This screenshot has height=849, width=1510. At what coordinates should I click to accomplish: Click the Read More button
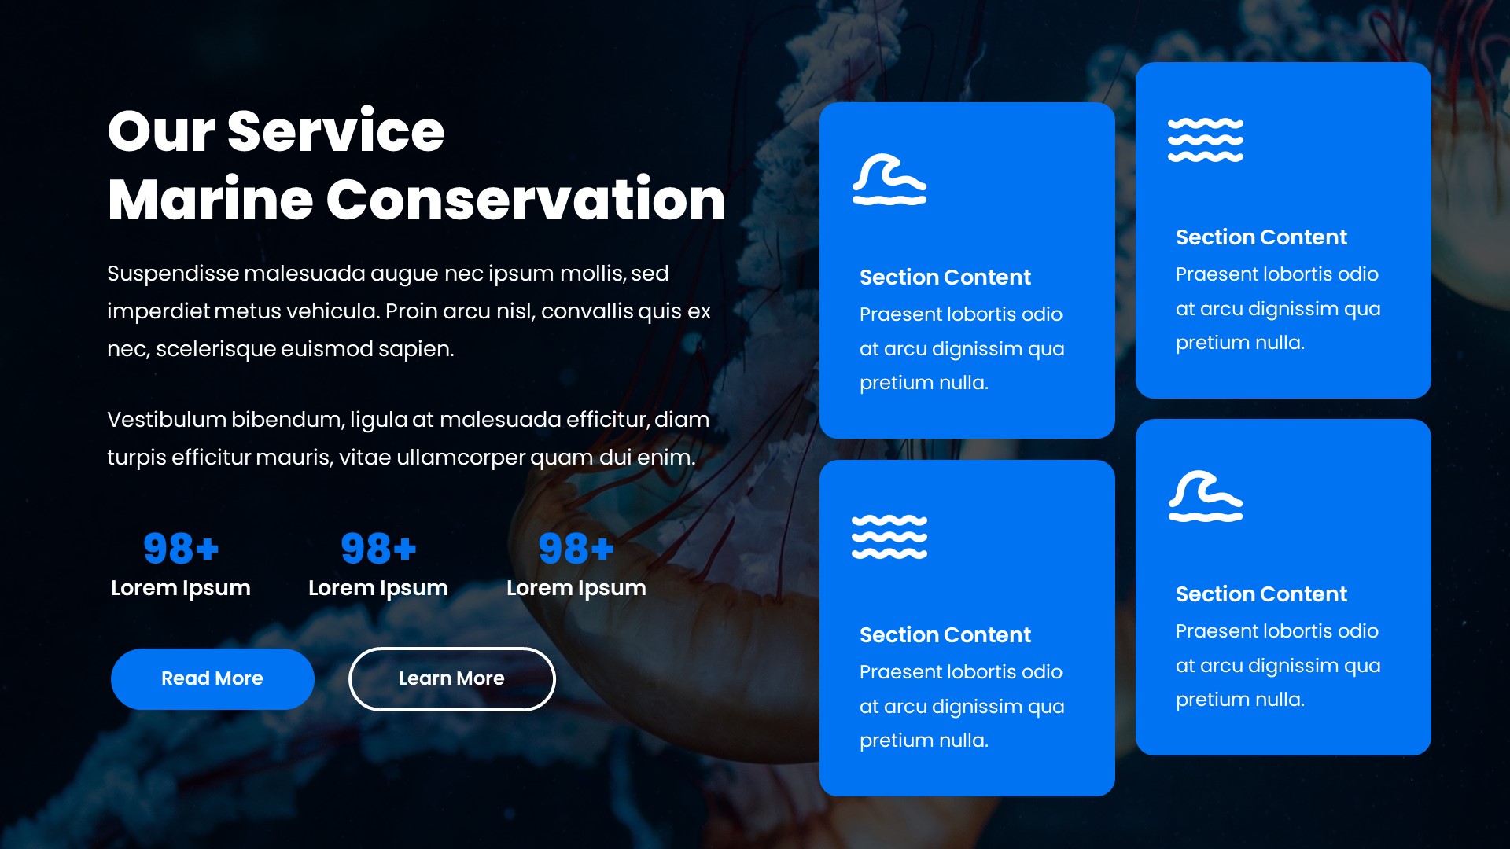(x=212, y=678)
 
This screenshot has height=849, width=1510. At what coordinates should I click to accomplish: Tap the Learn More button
(x=451, y=678)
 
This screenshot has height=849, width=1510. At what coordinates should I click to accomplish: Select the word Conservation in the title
(x=525, y=200)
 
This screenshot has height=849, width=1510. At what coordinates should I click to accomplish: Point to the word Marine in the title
(x=210, y=200)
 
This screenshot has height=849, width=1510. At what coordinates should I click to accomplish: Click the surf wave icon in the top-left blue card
(x=889, y=179)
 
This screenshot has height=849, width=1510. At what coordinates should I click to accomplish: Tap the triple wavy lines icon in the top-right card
(x=1205, y=140)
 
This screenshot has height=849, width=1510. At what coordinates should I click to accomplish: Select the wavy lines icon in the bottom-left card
(x=889, y=537)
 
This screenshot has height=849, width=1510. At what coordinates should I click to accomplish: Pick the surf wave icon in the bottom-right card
(x=1205, y=496)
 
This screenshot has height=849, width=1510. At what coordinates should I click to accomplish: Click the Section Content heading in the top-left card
(x=945, y=277)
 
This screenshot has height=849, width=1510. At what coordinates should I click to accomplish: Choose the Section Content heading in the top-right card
(x=1261, y=237)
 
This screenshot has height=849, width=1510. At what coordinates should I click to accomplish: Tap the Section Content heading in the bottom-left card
(x=945, y=635)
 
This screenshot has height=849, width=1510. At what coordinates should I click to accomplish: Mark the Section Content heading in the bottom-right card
(x=1261, y=594)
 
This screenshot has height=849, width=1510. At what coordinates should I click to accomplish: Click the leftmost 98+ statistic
(x=181, y=549)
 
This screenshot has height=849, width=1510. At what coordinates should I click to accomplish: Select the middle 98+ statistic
(x=378, y=549)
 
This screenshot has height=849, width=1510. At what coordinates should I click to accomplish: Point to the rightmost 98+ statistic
(x=576, y=549)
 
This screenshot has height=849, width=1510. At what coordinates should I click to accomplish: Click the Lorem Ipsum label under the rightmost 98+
(x=576, y=588)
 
